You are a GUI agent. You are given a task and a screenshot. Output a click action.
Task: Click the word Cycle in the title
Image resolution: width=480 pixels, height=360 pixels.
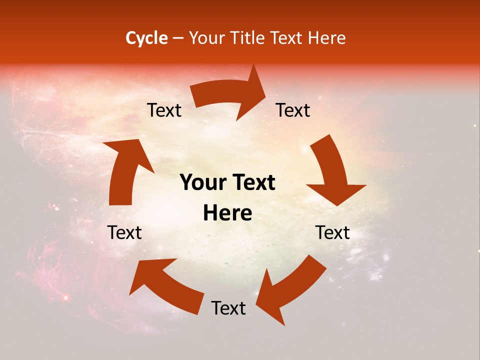pos(146,38)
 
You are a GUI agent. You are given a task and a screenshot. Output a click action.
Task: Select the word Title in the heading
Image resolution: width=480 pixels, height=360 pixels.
pos(249,38)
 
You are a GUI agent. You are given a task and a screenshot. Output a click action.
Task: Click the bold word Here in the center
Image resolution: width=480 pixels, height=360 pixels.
pos(227,213)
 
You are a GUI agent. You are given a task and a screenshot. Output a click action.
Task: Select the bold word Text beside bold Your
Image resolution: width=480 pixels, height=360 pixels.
pos(252,183)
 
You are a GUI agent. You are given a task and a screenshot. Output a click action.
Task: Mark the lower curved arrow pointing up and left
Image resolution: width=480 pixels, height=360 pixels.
pos(165,285)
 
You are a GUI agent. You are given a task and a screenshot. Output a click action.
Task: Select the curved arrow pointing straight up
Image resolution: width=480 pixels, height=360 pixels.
pos(125,170)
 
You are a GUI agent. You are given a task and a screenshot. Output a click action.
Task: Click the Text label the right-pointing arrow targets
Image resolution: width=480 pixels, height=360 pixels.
pos(293,110)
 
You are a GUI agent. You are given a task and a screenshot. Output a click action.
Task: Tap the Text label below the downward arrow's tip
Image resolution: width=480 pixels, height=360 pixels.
pos(333,232)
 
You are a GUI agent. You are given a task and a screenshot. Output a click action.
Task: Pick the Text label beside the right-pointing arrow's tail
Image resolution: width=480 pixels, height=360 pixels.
pos(164,110)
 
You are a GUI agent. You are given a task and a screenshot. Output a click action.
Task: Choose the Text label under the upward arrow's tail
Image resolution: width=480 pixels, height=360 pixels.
pos(125,232)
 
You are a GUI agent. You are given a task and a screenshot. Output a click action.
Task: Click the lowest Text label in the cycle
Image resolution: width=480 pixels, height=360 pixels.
pos(228,308)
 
